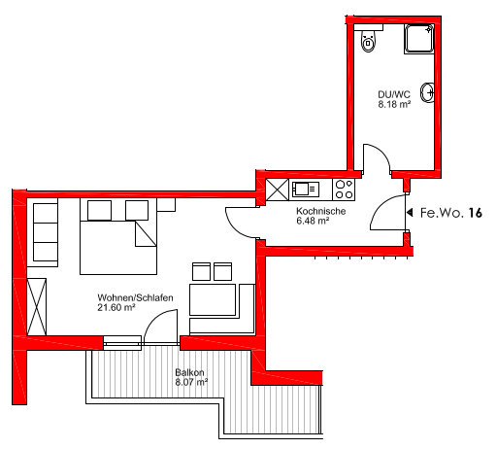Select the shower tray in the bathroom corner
click(x=419, y=39)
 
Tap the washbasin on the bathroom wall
click(x=427, y=92)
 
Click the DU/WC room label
click(x=394, y=94)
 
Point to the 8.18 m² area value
click(x=394, y=104)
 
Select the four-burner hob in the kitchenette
click(x=344, y=190)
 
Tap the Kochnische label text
click(x=320, y=211)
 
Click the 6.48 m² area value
click(x=313, y=221)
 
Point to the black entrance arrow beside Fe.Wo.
click(x=410, y=213)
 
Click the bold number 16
click(x=475, y=213)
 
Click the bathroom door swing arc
click(x=381, y=152)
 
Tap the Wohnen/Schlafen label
click(x=135, y=297)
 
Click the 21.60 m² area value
click(x=116, y=307)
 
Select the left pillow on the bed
click(x=99, y=210)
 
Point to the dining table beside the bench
click(x=213, y=299)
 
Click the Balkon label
click(x=189, y=372)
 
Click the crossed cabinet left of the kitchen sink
click(x=277, y=190)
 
